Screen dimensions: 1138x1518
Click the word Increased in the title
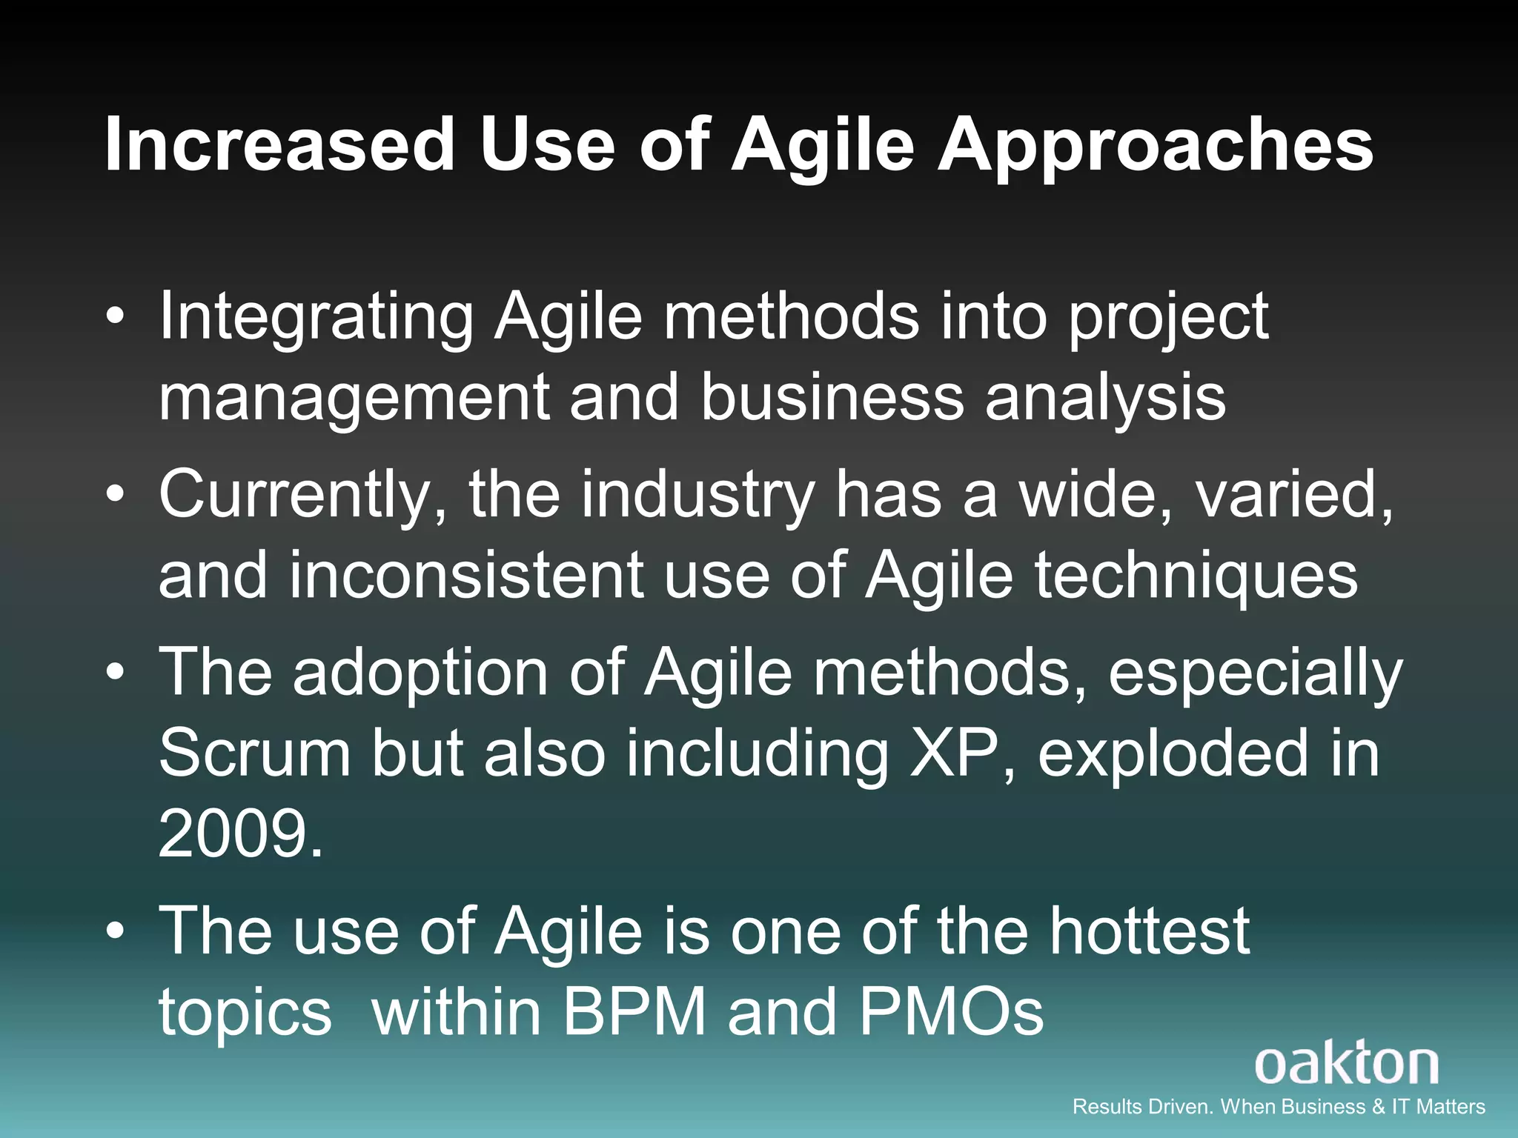[x=279, y=144]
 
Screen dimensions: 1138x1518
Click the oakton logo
[x=1346, y=1064]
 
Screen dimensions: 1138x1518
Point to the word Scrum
[x=254, y=752]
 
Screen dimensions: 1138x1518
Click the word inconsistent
[x=466, y=576]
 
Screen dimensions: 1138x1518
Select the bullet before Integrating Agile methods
[x=115, y=318]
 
